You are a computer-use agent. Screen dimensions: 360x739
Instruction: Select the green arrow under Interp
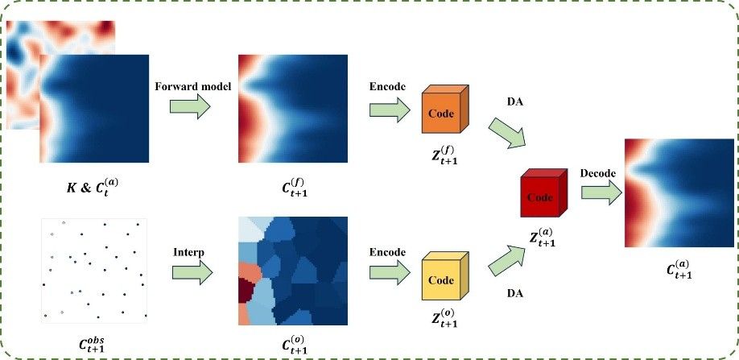pyautogui.click(x=192, y=272)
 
